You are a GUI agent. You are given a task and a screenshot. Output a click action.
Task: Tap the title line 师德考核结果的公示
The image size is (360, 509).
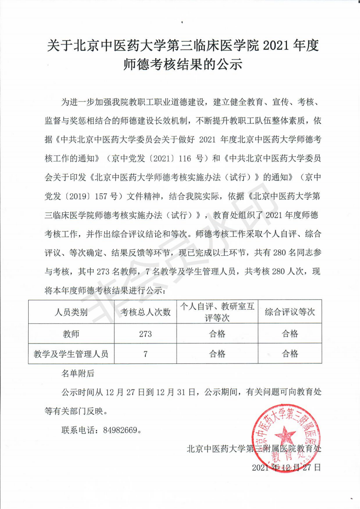tap(180, 65)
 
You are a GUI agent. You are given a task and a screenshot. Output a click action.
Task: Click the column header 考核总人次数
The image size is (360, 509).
tap(145, 312)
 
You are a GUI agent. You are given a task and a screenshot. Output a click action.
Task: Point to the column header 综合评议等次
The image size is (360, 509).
tap(290, 312)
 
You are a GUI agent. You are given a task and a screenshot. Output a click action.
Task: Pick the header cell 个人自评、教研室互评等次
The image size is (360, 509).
tap(217, 312)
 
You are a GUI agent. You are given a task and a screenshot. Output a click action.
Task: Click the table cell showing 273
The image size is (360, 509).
tap(145, 334)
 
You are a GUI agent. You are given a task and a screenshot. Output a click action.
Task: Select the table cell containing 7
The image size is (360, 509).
tap(145, 354)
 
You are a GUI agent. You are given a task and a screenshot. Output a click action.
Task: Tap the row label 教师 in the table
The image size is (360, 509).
tap(71, 334)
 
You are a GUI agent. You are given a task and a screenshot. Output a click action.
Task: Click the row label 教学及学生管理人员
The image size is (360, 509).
tap(71, 354)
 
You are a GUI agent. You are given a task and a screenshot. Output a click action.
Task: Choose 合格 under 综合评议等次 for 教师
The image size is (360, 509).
tap(290, 334)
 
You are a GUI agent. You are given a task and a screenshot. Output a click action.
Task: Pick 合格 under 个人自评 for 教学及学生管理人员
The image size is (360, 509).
tap(217, 354)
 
